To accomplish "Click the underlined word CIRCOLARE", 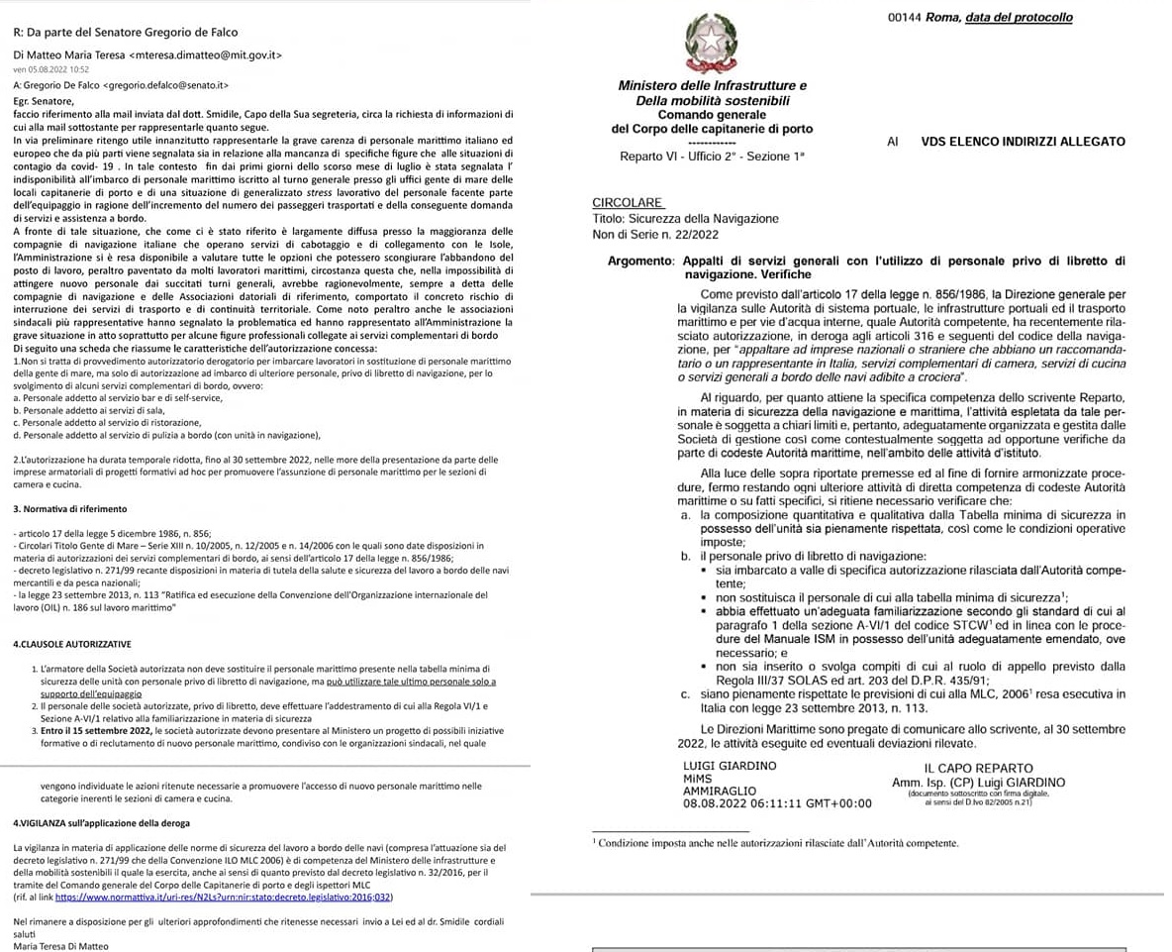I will coord(627,203).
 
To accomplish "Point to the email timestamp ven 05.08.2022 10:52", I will coord(50,69).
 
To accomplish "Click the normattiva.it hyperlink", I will coord(224,898).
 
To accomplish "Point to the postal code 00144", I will coord(905,18).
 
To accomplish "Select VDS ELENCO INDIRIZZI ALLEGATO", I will coord(1023,142).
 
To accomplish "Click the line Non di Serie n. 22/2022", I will coord(656,234).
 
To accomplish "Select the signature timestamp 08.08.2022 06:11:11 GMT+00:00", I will coord(777,803).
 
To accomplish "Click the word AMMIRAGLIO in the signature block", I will coord(720,791).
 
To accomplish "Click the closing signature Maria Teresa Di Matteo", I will coord(60,945).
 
